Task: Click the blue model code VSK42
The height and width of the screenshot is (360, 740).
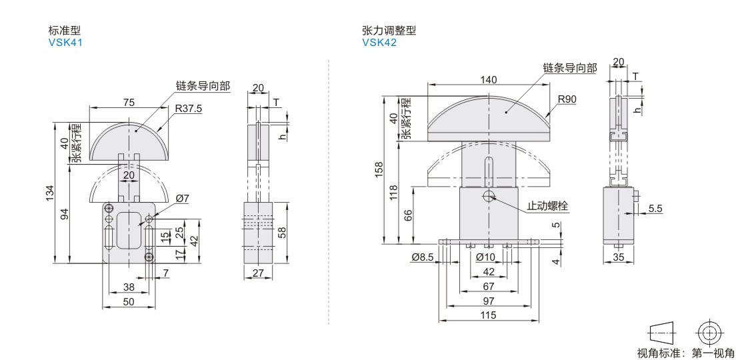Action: click(x=379, y=43)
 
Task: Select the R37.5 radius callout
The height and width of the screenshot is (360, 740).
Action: click(x=188, y=109)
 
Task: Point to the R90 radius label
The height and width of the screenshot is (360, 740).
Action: click(x=567, y=99)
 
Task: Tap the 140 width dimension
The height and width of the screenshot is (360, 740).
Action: click(x=489, y=80)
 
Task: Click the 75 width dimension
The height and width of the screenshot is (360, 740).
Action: click(x=129, y=103)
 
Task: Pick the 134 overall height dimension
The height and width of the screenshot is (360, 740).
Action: click(x=50, y=193)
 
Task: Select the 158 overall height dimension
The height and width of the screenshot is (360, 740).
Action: click(x=379, y=170)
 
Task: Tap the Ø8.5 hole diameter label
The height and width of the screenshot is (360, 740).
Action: click(x=423, y=257)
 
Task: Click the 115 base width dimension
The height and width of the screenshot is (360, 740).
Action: click(x=489, y=315)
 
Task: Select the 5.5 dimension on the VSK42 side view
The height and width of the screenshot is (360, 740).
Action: click(x=655, y=207)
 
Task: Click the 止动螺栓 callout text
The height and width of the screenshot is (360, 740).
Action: click(x=547, y=206)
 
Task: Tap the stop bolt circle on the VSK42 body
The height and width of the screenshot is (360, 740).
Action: click(x=489, y=195)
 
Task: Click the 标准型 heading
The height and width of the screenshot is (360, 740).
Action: click(x=65, y=31)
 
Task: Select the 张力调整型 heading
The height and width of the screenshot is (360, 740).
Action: click(x=389, y=31)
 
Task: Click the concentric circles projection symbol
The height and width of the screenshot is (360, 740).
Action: click(x=709, y=333)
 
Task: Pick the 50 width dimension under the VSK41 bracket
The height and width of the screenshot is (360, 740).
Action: click(x=129, y=301)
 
